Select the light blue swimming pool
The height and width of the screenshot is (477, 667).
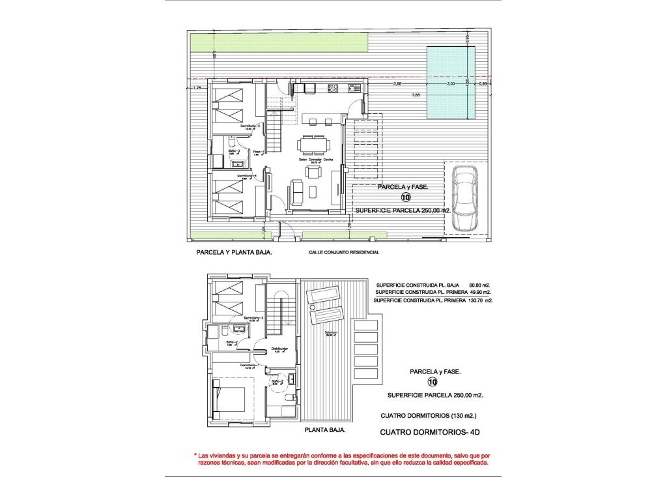tap(450, 83)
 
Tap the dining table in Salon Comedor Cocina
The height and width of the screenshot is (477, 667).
tap(313, 143)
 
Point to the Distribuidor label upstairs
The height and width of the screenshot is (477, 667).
tap(279, 348)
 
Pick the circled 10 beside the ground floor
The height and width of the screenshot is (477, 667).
tap(406, 197)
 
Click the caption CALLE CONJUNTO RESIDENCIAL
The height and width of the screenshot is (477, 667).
tap(343, 252)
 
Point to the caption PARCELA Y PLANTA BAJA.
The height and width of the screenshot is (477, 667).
tap(234, 252)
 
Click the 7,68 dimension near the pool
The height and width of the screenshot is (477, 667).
tap(415, 96)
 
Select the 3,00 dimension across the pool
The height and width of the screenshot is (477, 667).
tap(450, 84)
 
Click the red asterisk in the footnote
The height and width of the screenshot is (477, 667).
tap(195, 455)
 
